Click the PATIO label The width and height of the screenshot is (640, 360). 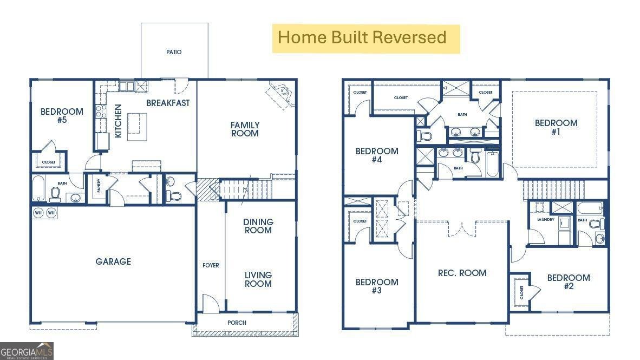click(x=173, y=52)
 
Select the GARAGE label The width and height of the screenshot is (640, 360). click(x=113, y=261)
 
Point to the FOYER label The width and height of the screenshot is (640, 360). click(x=211, y=265)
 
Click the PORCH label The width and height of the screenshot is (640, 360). click(x=237, y=323)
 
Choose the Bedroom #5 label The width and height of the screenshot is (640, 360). click(x=62, y=115)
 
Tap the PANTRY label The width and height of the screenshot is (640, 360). click(x=99, y=186)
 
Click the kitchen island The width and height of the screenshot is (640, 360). click(x=137, y=127)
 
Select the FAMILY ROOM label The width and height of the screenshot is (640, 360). click(x=245, y=129)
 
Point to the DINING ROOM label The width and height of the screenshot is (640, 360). click(x=258, y=226)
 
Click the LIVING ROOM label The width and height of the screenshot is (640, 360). click(x=258, y=279)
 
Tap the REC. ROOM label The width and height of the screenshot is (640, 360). click(x=462, y=273)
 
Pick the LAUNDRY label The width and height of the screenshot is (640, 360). click(x=546, y=220)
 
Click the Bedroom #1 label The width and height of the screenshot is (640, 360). click(x=556, y=127)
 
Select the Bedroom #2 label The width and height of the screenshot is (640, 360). click(x=568, y=282)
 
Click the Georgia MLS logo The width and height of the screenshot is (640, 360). click(x=27, y=351)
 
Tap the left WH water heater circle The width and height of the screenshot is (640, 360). click(x=38, y=213)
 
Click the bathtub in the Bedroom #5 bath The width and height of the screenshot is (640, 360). click(x=38, y=188)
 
